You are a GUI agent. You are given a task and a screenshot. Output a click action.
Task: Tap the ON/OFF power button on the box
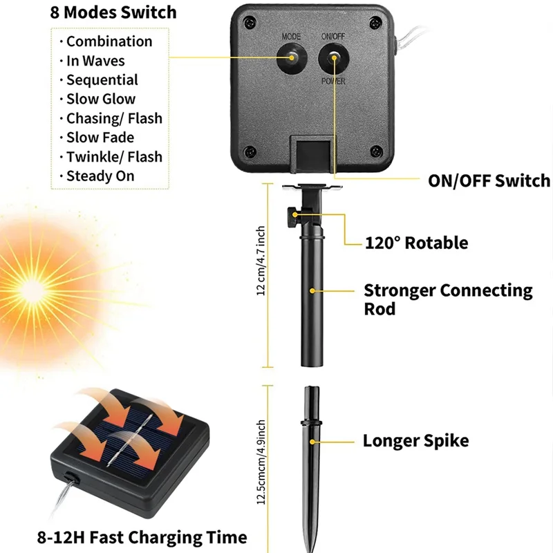point(332,58)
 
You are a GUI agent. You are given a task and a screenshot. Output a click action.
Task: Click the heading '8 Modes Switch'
point(113,12)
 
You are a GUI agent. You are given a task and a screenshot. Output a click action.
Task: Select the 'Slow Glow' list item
point(101,99)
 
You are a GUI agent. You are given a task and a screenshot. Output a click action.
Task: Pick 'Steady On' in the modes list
point(100,176)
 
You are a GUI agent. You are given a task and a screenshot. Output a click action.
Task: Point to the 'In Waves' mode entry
point(95,61)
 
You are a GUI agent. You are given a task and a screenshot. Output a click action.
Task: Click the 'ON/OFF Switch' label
point(489,181)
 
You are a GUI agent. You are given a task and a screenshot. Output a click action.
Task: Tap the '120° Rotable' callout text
point(416,243)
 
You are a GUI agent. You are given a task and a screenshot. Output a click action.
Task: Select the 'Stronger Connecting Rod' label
point(448,299)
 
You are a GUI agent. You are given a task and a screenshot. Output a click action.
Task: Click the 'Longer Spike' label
point(415,440)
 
